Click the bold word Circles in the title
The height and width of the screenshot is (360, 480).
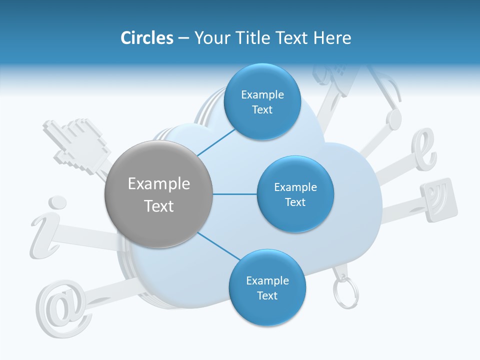[146, 38]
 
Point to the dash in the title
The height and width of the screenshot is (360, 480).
[183, 38]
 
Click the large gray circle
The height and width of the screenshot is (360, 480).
[158, 194]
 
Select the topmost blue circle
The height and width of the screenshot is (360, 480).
[262, 102]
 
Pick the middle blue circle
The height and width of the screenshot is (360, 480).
[295, 194]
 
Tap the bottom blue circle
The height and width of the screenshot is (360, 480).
[267, 287]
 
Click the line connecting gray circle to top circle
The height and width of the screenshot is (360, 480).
[216, 141]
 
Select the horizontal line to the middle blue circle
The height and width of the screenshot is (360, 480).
[235, 194]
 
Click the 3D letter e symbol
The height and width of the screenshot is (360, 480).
[423, 149]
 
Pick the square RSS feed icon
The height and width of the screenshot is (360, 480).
[439, 199]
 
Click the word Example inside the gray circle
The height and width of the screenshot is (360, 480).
[158, 184]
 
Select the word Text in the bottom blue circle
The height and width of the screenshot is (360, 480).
[267, 295]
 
